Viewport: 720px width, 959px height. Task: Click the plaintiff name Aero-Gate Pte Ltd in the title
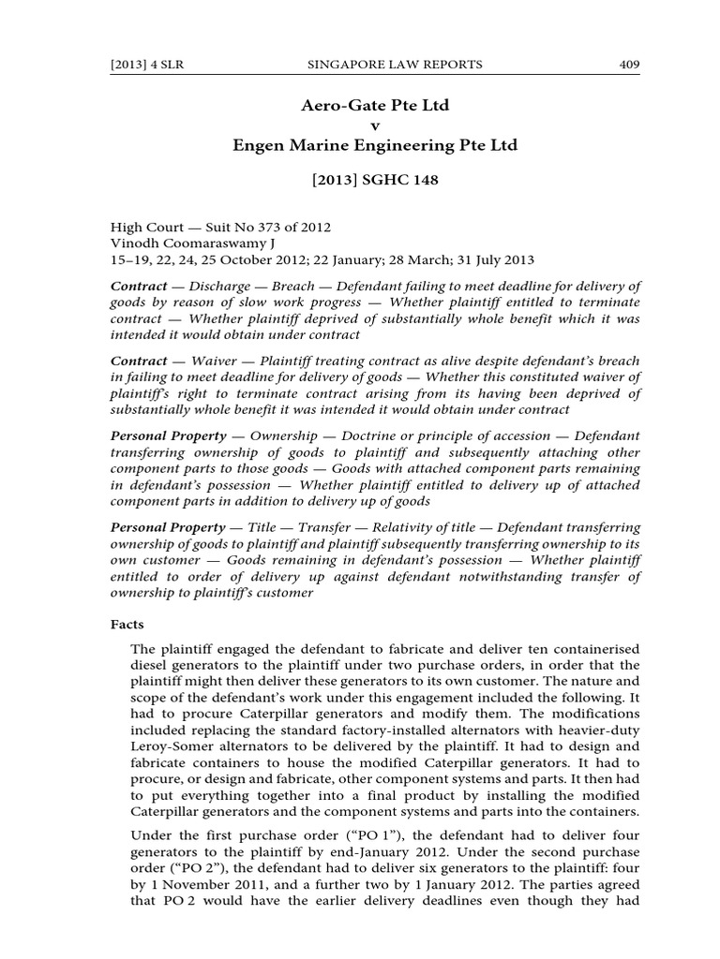click(x=374, y=105)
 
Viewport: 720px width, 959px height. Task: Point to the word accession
click(x=527, y=436)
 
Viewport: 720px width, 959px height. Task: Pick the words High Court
click(x=142, y=228)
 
